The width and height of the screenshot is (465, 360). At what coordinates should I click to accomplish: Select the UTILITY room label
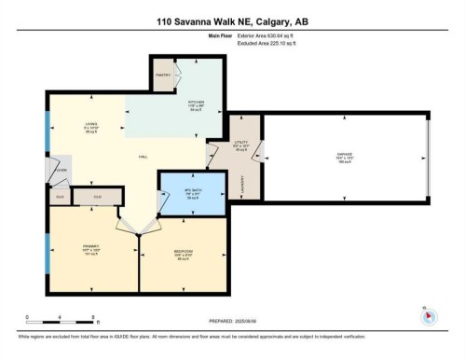(x=240, y=146)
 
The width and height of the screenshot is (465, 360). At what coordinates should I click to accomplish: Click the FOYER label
(x=62, y=170)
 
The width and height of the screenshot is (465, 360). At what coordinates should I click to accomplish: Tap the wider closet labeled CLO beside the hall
(x=97, y=197)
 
